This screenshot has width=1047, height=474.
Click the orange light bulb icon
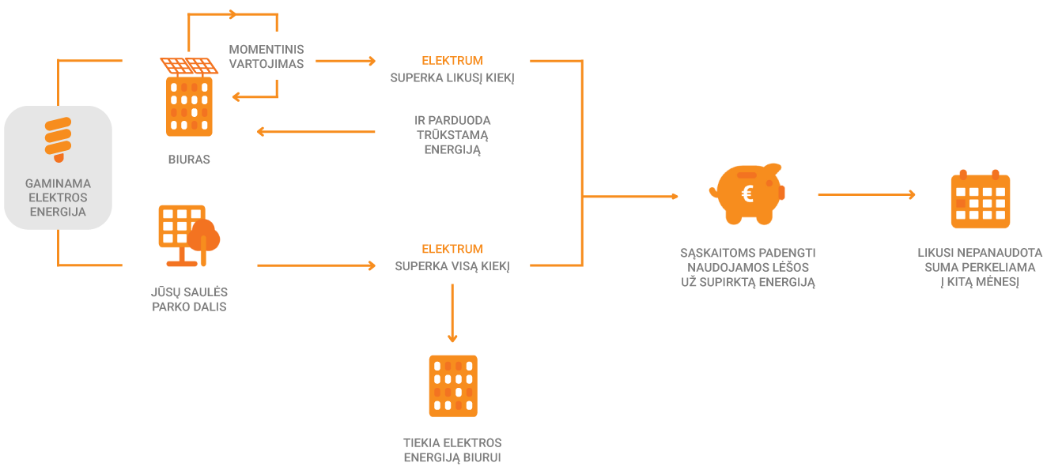pos(58,140)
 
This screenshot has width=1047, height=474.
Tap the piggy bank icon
pos(747,194)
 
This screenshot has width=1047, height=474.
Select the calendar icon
pos(980,199)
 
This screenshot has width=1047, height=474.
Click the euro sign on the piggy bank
pos(747,194)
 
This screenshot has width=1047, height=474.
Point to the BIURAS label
pos(189,160)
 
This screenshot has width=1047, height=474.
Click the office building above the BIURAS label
pos(189,107)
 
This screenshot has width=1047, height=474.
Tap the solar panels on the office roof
pos(189,66)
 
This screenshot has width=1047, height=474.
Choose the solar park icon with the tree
pos(189,236)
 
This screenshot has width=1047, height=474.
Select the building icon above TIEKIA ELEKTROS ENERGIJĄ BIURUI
pos(453,386)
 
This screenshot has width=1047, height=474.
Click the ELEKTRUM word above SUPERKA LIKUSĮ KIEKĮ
pos(452,61)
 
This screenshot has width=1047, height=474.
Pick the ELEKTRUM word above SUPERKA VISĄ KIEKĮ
pos(452,249)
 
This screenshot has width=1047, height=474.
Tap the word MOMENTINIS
pos(266,50)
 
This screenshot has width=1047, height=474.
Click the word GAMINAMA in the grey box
pos(58,183)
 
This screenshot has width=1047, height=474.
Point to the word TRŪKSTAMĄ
pos(452,135)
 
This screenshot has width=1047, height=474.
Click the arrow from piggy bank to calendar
pos(867,194)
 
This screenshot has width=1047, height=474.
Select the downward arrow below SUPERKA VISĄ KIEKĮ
pos(452,314)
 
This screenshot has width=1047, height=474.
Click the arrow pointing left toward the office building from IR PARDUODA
pos(316,132)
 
